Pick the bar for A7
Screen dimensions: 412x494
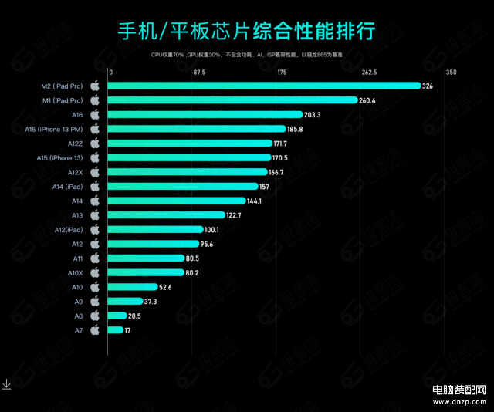pyautogui.click(x=116, y=330)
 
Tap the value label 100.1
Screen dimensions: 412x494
pyautogui.click(x=211, y=230)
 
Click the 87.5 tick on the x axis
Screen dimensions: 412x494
pyautogui.click(x=198, y=73)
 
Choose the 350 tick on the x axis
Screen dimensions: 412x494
pyautogui.click(x=451, y=73)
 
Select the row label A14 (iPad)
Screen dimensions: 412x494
pyautogui.click(x=68, y=187)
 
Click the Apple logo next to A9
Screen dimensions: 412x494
pyautogui.click(x=95, y=301)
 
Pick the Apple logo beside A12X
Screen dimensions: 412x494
pyautogui.click(x=95, y=172)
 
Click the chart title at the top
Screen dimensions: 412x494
pyautogui.click(x=246, y=32)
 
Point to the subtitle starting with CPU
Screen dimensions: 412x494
pyautogui.click(x=246, y=56)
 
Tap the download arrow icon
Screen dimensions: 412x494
pyautogui.click(x=6, y=383)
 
